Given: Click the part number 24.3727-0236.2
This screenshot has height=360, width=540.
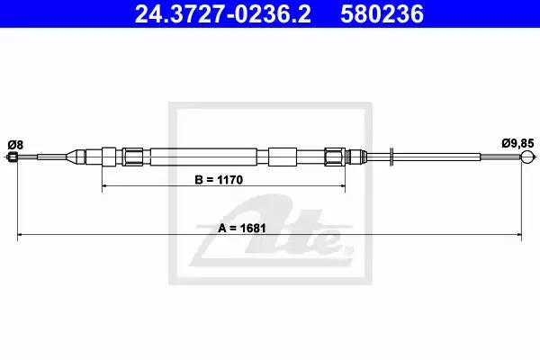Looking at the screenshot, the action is click(x=222, y=14).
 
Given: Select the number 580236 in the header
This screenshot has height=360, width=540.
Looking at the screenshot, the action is click(x=382, y=14).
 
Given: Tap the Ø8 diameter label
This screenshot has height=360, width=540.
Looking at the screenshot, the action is click(x=15, y=145).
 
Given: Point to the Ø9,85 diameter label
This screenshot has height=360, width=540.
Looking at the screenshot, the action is click(x=517, y=143).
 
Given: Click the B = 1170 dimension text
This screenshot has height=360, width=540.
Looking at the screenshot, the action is click(x=219, y=179).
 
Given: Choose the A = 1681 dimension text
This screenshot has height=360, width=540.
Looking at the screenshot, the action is click(x=242, y=228).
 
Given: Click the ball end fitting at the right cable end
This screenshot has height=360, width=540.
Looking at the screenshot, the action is click(x=526, y=157).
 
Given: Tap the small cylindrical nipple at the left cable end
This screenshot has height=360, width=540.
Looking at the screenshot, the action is click(x=13, y=157).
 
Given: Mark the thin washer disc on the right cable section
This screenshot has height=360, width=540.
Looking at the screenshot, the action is click(x=391, y=157).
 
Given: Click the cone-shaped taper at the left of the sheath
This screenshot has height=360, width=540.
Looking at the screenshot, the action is click(x=76, y=157).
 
